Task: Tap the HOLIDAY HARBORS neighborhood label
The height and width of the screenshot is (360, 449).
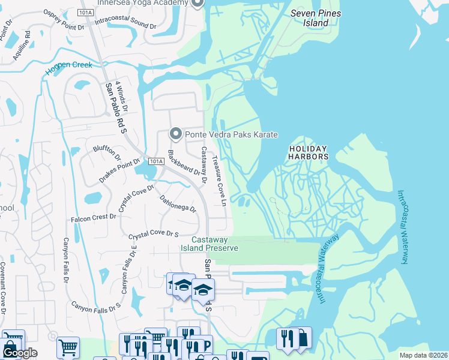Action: click(309, 152)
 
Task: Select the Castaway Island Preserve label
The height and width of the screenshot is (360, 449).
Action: click(209, 244)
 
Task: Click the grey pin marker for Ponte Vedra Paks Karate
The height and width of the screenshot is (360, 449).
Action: click(176, 133)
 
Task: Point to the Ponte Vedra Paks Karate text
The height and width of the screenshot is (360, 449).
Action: click(231, 135)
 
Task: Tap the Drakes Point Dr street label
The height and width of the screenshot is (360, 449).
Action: click(119, 171)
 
